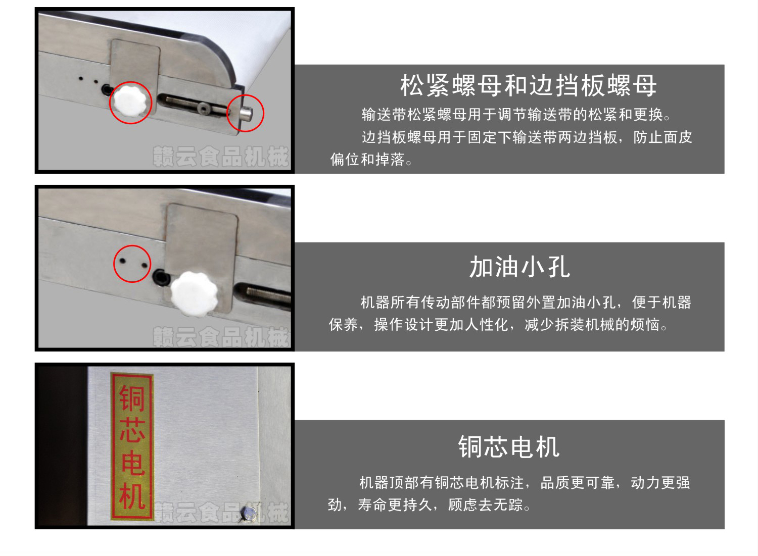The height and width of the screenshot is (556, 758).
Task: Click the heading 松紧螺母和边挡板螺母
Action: click(528, 85)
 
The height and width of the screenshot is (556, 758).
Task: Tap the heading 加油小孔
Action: click(520, 267)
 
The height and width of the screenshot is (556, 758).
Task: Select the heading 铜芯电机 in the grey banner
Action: click(509, 447)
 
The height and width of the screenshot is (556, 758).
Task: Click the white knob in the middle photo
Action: click(194, 294)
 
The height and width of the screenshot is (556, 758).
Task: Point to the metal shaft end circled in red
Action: click(247, 113)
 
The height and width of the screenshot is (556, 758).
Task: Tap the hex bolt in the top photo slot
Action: click(204, 108)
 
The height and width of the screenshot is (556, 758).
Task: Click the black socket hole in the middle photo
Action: click(161, 277)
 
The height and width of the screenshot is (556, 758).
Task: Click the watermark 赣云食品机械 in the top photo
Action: click(221, 157)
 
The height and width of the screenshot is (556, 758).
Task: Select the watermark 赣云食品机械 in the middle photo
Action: click(221, 336)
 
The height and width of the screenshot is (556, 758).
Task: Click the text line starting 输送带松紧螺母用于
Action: click(516, 115)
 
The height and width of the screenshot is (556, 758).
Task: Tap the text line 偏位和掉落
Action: click(371, 160)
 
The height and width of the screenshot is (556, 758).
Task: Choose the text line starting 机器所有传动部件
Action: click(526, 302)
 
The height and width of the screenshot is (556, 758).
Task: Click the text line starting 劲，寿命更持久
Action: click(429, 505)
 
